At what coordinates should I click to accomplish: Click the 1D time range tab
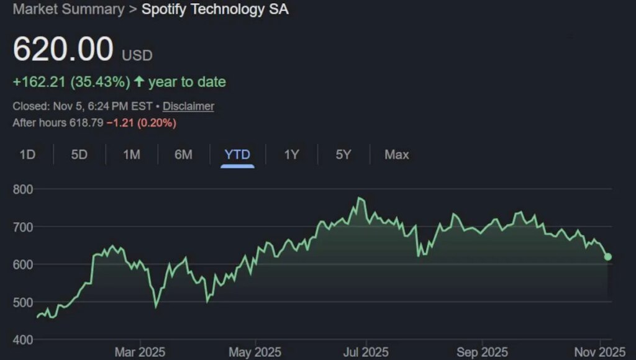click(27, 155)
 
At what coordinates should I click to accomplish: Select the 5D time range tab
click(79, 155)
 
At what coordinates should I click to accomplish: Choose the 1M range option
click(131, 155)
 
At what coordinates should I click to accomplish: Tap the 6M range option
click(183, 155)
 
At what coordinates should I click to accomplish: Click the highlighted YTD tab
click(237, 155)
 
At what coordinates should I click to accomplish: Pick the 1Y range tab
click(291, 155)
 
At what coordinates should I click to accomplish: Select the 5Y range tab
click(343, 155)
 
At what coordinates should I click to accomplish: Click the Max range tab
click(396, 155)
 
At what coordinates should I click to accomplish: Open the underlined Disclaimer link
click(188, 106)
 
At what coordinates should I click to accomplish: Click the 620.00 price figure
click(63, 50)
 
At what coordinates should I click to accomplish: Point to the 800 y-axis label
click(23, 189)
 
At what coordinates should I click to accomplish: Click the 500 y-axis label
click(23, 302)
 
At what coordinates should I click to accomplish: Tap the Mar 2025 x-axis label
click(140, 352)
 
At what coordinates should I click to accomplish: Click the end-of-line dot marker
click(608, 256)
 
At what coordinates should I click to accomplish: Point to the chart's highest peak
click(359, 199)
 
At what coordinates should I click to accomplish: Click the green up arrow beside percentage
click(139, 82)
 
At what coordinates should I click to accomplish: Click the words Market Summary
click(68, 9)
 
